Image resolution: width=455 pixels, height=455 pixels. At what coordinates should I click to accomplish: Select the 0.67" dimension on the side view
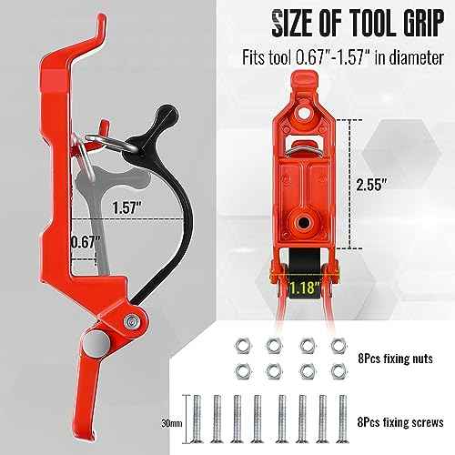pyautogui.click(x=86, y=243)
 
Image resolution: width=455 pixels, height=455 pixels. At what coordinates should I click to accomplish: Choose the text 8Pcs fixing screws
pyautogui.click(x=399, y=423)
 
